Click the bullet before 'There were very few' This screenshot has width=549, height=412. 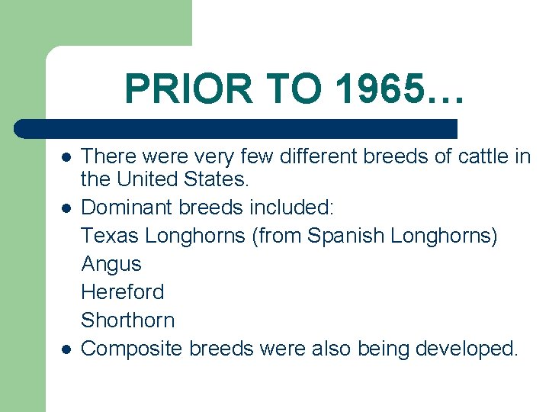(67, 157)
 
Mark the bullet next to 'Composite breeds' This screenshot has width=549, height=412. (67, 349)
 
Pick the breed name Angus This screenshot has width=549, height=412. (111, 264)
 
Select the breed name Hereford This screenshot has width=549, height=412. (123, 292)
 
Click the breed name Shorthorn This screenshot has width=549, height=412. (128, 320)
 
